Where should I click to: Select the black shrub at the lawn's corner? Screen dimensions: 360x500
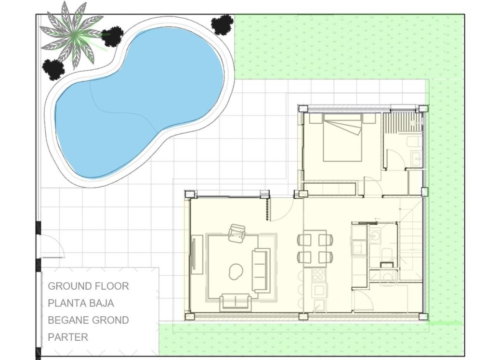coord(222,24)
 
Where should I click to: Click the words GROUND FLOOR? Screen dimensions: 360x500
coord(88,286)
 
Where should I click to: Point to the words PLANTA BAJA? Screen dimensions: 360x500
coord(81,303)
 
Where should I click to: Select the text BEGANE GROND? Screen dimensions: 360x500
coord(88,320)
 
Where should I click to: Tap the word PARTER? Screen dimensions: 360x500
coord(68,337)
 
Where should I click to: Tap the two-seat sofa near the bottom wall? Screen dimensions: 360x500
coord(235,302)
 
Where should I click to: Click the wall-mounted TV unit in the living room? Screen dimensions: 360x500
coord(197,254)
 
